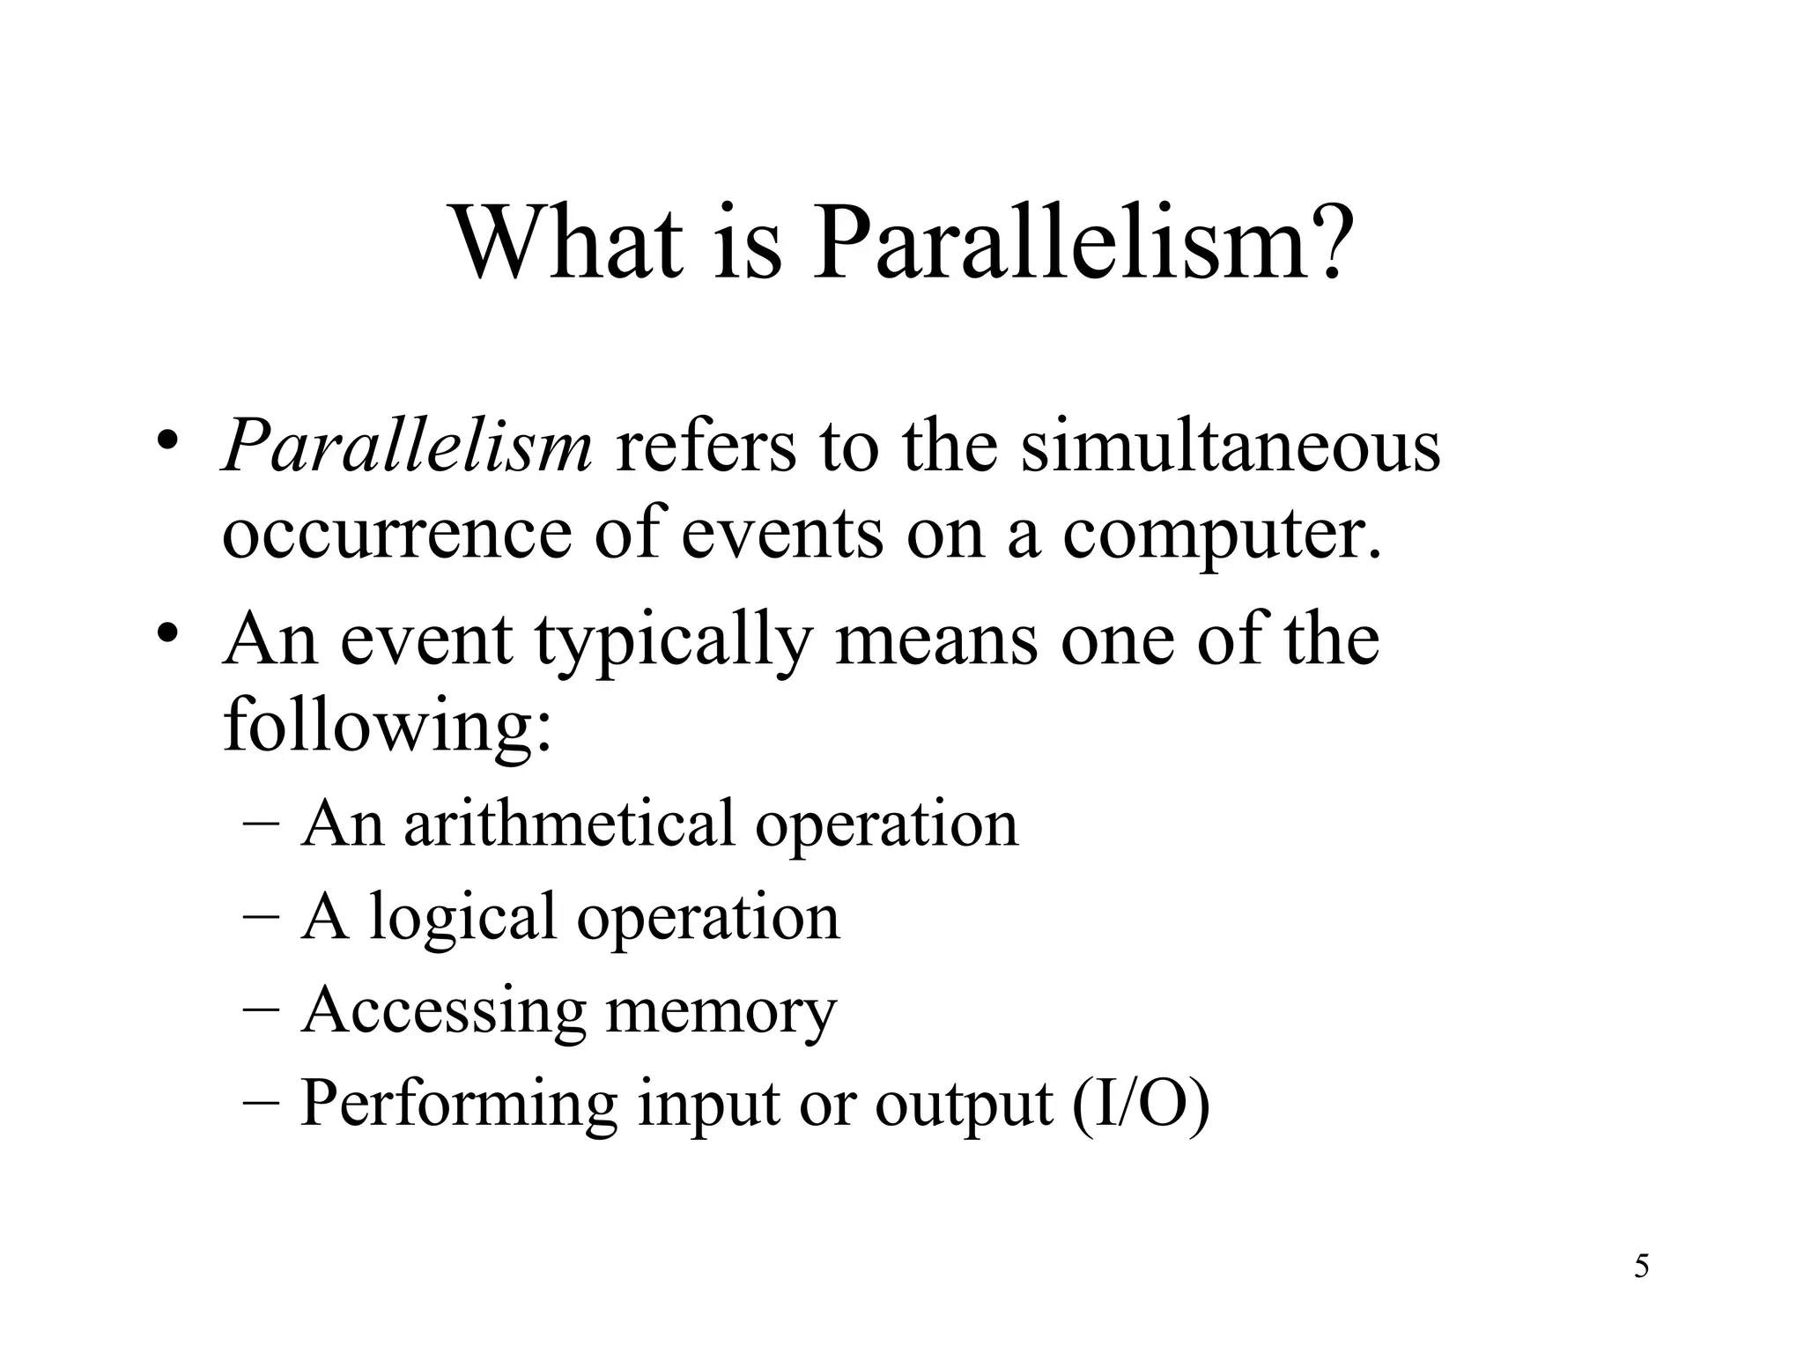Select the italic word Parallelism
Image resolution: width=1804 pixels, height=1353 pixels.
tap(407, 446)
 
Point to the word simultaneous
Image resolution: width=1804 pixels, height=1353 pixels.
tap(1230, 446)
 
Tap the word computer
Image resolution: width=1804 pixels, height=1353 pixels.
tap(1222, 536)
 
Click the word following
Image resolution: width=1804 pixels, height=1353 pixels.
tap(388, 728)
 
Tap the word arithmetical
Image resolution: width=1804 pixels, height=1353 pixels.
tap(569, 824)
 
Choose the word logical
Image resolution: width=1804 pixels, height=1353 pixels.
tap(462, 919)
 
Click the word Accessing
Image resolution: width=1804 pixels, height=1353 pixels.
tap(444, 1011)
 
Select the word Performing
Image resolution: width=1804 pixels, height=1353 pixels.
tap(459, 1105)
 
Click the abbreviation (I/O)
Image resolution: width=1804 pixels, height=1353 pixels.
tap(1142, 1103)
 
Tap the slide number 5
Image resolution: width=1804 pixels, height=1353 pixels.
tap(1641, 1267)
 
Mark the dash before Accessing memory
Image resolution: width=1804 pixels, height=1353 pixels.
tap(260, 1008)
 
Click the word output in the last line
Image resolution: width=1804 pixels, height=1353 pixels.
tap(964, 1105)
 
